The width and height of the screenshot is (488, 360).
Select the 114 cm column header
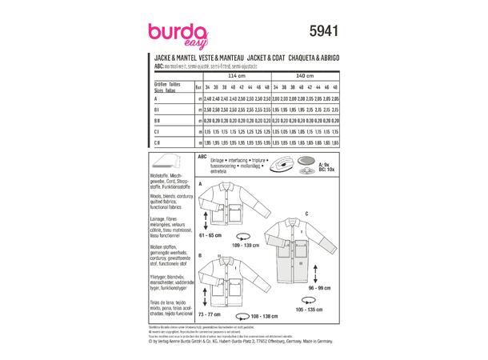(x=238, y=75)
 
